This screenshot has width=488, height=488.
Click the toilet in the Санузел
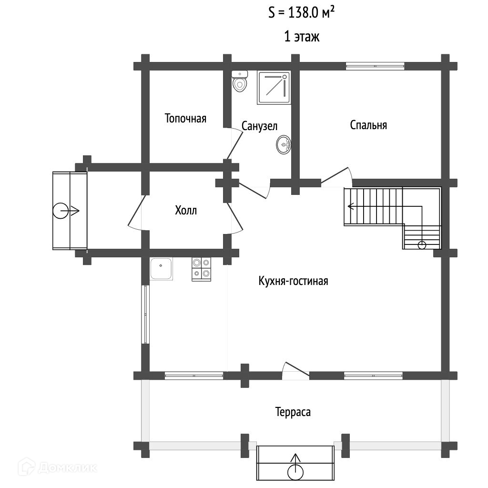point(240,81)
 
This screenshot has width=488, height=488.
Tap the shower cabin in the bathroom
point(274,88)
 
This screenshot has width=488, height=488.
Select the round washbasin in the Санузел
point(284,144)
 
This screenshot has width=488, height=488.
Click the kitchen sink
point(161,269)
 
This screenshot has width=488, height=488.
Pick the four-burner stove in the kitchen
point(201,269)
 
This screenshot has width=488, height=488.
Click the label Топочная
point(185,119)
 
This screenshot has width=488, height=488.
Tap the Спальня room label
point(368,125)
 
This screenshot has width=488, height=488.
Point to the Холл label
point(186,211)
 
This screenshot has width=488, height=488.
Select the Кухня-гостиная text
point(293,281)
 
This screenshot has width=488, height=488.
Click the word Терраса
point(293,412)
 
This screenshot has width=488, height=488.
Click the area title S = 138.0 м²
point(302,13)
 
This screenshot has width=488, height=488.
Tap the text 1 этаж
point(302,37)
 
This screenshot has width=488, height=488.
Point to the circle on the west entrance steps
point(61,211)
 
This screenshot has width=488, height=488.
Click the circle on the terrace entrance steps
point(295,472)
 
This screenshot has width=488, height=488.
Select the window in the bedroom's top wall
point(375,66)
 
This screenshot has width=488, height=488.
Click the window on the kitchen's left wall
point(145,315)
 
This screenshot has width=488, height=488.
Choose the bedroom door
point(336,177)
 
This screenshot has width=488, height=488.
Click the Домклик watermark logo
point(57,467)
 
